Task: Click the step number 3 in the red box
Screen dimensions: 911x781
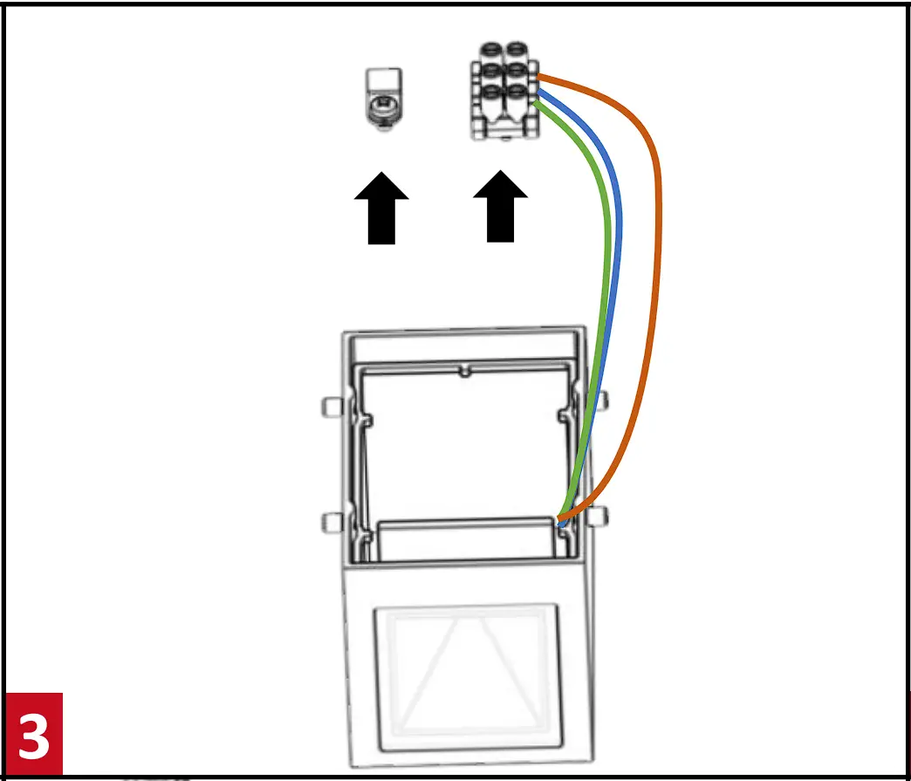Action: pos(34,736)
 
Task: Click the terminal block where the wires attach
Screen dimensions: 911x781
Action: pos(503,90)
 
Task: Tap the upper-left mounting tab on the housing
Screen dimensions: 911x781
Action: pos(330,405)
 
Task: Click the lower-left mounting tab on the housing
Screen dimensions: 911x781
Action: pos(330,522)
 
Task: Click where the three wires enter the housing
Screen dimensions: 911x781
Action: pos(561,522)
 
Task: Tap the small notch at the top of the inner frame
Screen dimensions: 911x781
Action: pos(466,372)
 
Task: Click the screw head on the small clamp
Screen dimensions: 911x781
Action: pos(381,110)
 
